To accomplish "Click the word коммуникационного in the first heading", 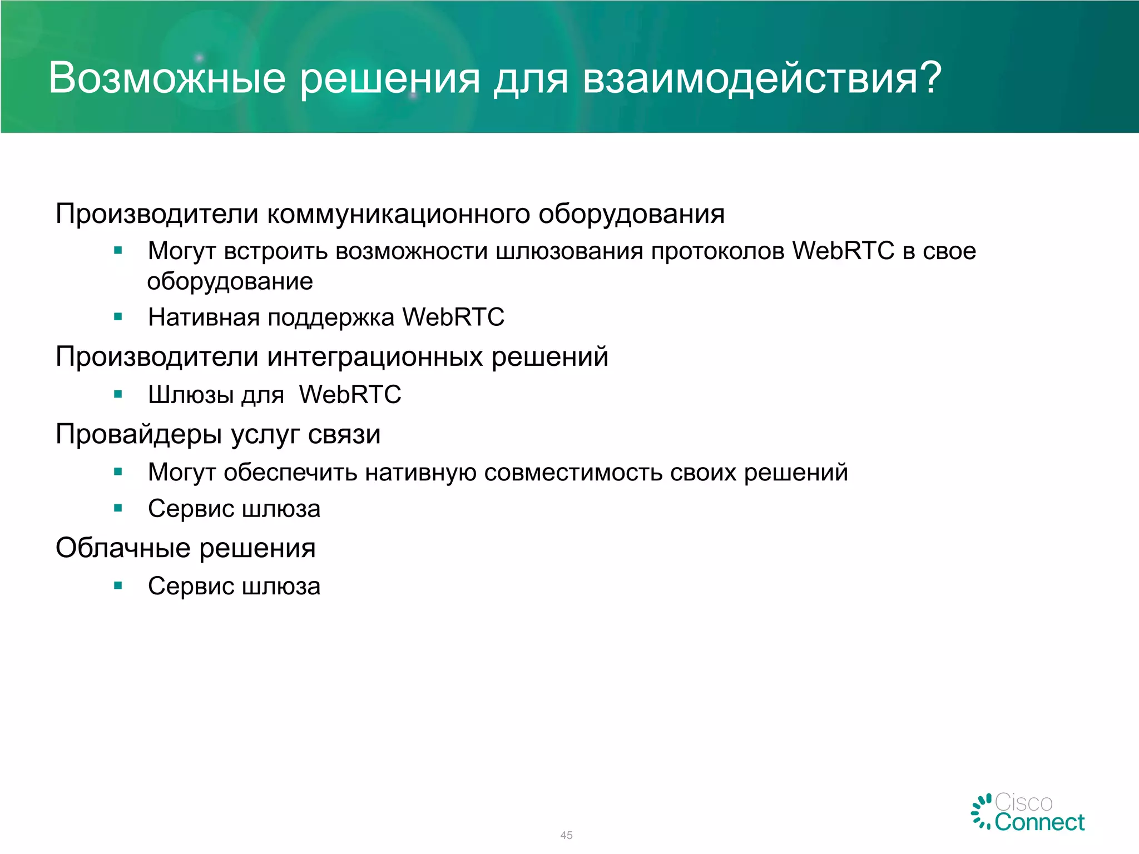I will (398, 214).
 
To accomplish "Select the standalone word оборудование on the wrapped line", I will (230, 282).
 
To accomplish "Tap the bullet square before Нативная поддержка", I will (118, 317).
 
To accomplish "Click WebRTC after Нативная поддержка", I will (453, 317).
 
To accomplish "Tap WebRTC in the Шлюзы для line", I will (350, 395).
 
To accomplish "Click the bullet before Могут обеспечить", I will (118, 473).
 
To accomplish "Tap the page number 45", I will (566, 835).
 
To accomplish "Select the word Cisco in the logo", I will (1023, 802).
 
